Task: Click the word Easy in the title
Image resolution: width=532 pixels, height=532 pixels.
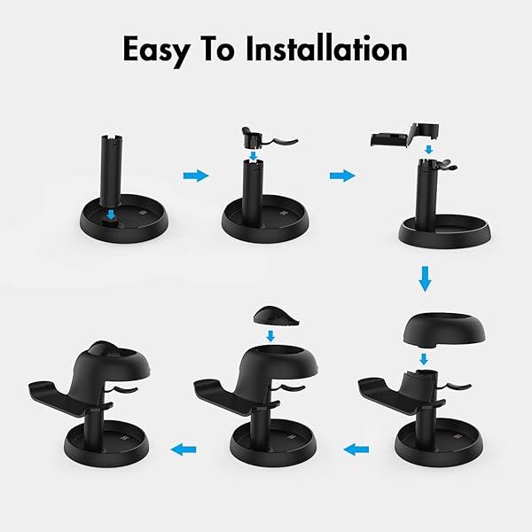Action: point(156,51)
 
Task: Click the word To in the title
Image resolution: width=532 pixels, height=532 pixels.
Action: point(220,49)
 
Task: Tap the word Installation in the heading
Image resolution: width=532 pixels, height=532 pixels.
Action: point(326,49)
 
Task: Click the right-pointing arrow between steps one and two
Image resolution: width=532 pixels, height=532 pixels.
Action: point(196,176)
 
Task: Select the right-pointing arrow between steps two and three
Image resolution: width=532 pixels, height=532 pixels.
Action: point(342,176)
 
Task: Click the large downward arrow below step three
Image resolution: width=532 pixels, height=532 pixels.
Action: point(425,279)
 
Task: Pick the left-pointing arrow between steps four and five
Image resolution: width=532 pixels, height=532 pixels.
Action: point(356,450)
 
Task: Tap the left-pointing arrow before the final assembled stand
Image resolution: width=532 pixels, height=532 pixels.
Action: point(184,450)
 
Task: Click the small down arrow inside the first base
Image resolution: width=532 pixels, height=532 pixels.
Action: point(111,215)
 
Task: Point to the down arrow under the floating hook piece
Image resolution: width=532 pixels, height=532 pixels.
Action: point(253,155)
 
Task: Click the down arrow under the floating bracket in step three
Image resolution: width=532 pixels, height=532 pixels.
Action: point(429,149)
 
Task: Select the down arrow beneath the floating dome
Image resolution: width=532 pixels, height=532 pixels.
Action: point(424,359)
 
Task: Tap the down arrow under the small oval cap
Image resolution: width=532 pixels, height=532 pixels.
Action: point(270,336)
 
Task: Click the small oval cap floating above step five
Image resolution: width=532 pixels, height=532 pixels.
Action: point(276,317)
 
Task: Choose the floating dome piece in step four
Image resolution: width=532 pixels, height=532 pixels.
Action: point(444,330)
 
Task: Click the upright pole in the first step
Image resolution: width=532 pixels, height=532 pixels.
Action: point(112,170)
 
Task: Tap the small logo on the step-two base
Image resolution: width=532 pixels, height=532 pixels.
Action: point(284,214)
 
